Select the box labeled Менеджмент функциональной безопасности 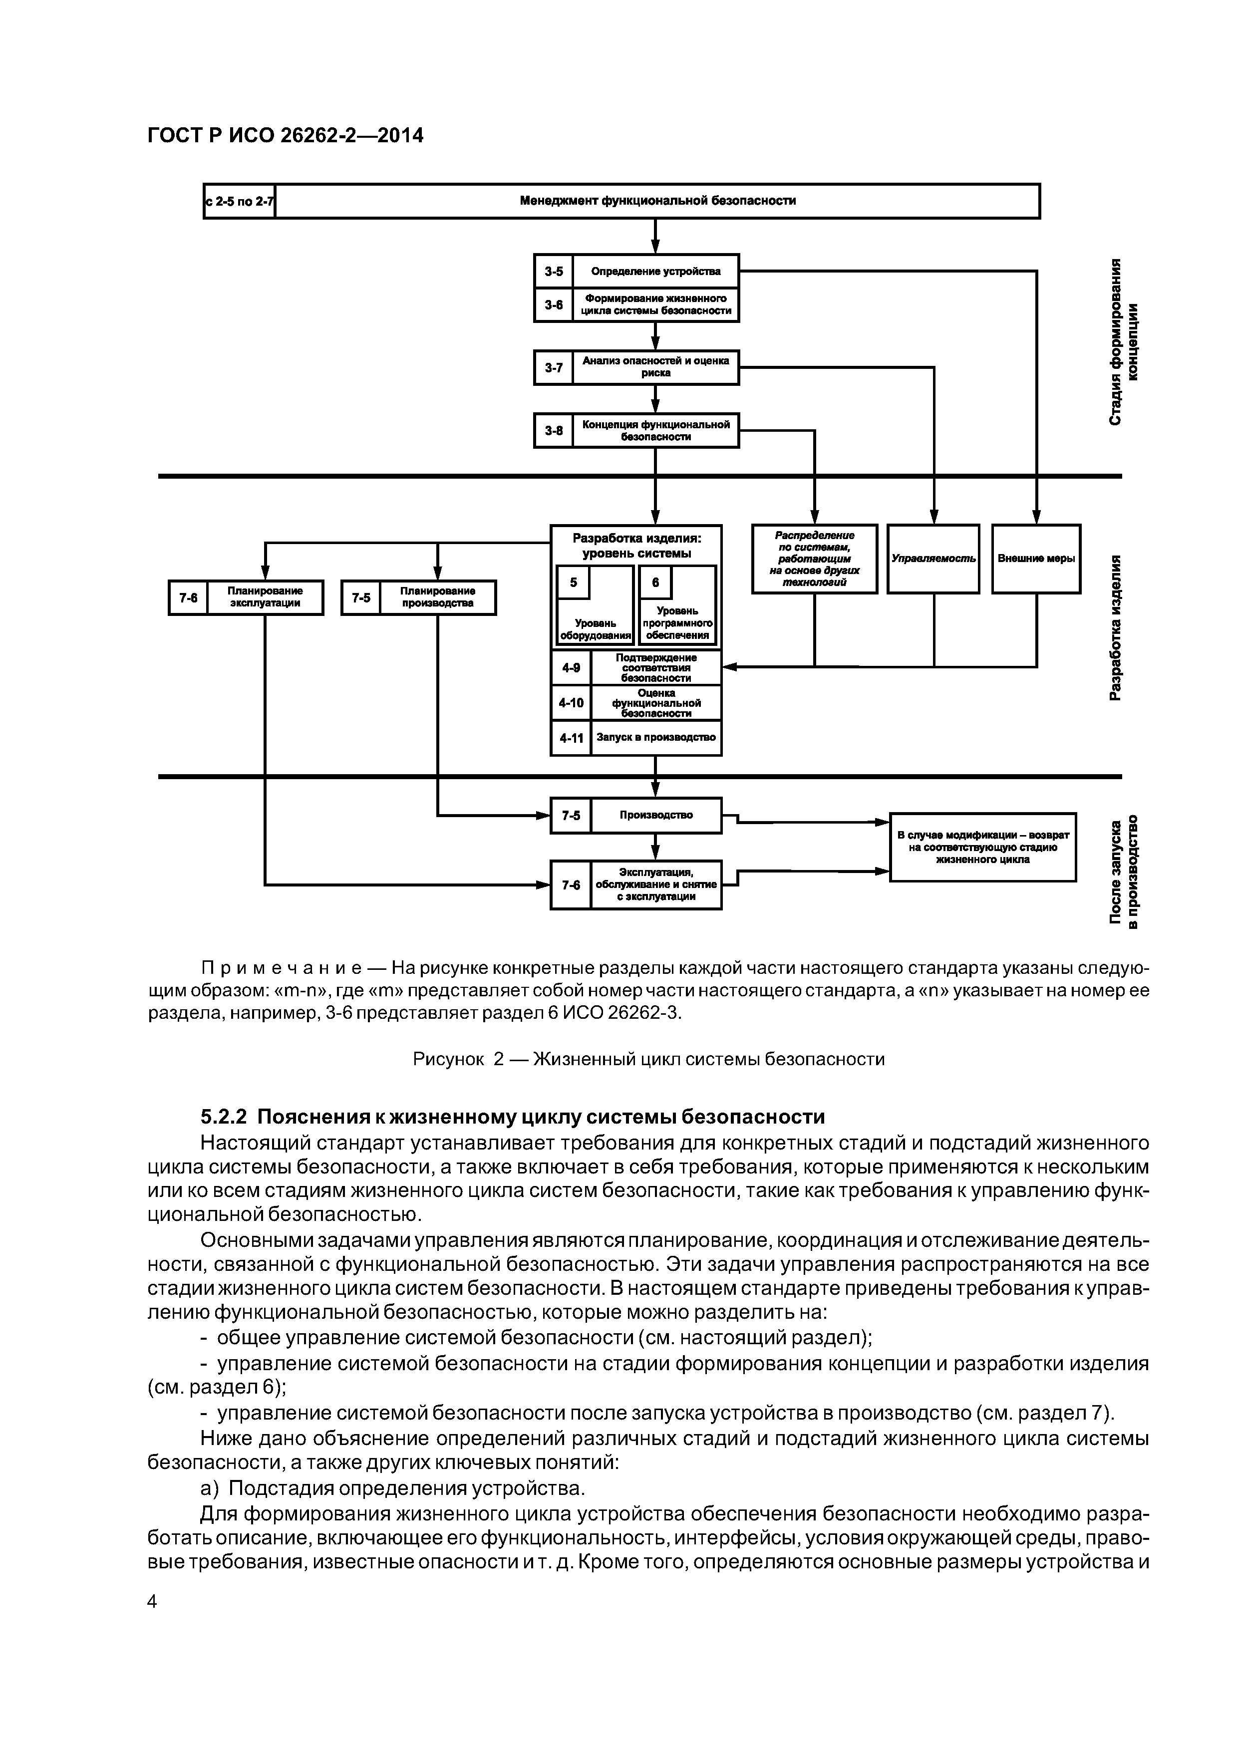[657, 201]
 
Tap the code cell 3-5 [553, 271]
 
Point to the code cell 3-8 [553, 431]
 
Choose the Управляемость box [933, 558]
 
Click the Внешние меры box [1036, 558]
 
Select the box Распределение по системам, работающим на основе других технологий [814, 558]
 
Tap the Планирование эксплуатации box [265, 597]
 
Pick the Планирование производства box [437, 597]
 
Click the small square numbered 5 [573, 583]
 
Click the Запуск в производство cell [656, 737]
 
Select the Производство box [656, 815]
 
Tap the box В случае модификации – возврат [982, 847]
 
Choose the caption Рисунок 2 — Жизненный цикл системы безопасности [648, 1059]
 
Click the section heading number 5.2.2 [224, 1117]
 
